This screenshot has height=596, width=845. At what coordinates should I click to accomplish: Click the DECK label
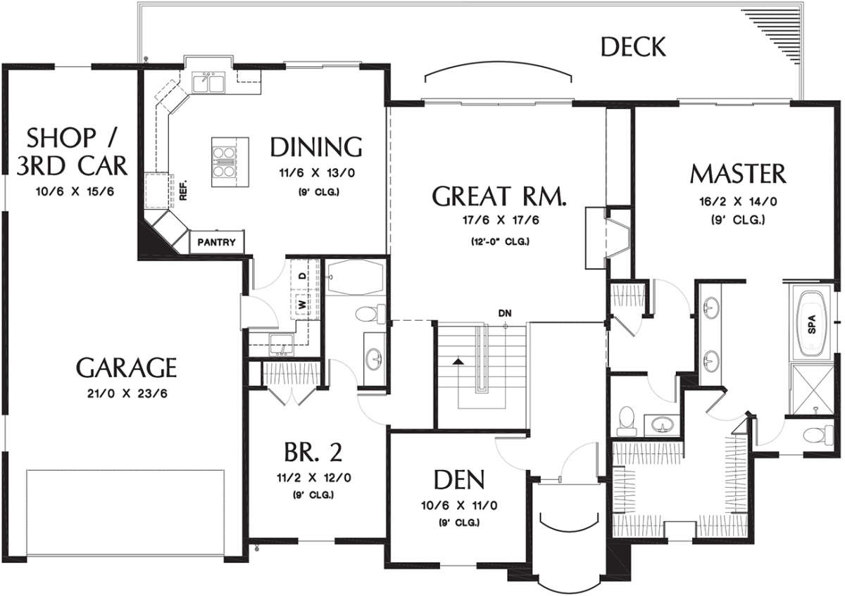click(632, 46)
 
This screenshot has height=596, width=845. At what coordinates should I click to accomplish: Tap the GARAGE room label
click(126, 367)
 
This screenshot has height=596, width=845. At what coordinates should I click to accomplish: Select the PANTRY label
click(217, 242)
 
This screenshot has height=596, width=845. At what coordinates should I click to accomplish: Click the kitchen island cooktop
click(224, 162)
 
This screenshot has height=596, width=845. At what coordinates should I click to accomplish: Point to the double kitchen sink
click(208, 83)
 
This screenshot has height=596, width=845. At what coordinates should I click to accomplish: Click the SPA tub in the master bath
click(812, 324)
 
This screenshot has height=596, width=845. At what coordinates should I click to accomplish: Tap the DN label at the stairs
click(505, 313)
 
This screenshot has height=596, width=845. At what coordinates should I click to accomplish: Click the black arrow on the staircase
click(458, 361)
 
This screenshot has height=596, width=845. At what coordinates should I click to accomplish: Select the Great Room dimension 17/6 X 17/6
click(501, 220)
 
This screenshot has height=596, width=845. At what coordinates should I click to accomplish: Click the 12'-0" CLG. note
click(500, 241)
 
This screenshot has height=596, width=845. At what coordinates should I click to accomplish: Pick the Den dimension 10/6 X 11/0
click(459, 505)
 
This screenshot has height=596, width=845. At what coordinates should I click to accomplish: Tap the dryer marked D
click(302, 276)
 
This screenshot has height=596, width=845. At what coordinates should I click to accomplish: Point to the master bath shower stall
click(811, 389)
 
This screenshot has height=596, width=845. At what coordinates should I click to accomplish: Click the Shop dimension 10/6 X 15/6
click(75, 192)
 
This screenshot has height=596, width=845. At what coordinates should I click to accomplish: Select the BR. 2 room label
click(313, 452)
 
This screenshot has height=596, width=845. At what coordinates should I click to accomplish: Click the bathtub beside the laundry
click(355, 277)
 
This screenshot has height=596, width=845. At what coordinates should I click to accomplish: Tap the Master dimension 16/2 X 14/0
click(738, 202)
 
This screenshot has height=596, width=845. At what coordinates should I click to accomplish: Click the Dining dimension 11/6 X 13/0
click(317, 173)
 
